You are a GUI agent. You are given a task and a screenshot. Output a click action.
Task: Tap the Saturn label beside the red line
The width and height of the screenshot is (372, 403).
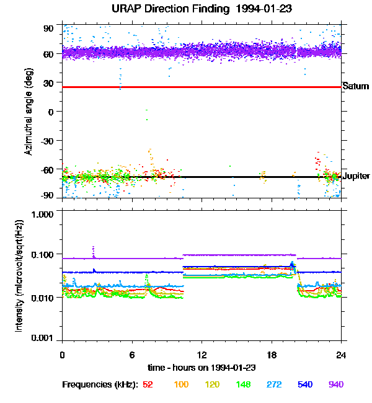[355, 87]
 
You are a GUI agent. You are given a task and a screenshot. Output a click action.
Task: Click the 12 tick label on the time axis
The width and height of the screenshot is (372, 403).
[201, 355]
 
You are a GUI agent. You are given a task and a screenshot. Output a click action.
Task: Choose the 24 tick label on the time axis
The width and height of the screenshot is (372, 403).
[341, 355]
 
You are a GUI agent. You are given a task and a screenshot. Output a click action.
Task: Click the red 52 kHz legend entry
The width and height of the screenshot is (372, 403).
[148, 384]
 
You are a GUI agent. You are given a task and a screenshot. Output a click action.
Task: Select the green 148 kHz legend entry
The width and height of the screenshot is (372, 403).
[244, 384]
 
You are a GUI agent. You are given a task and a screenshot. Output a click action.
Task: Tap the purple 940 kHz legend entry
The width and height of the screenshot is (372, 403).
[336, 384]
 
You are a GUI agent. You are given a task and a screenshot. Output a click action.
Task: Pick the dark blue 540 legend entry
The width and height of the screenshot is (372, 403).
[306, 384]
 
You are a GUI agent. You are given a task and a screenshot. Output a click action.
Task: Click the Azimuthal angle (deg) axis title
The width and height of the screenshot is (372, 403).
[28, 112]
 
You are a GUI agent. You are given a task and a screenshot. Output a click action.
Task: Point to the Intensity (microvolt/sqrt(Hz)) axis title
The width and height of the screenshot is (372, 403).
[21, 276]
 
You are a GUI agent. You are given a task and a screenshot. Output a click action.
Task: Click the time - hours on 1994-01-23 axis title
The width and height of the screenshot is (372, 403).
[201, 368]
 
